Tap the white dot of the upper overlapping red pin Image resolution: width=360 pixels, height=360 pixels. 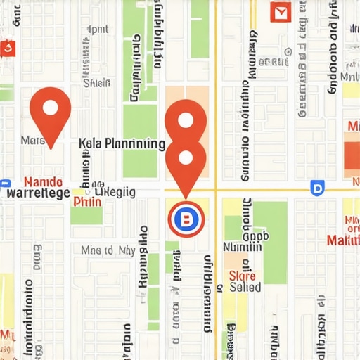click(185, 120)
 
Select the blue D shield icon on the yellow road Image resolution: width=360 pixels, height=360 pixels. click(316, 188)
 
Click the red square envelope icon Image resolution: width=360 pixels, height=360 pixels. click(280, 12)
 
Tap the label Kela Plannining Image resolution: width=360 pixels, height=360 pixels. click(122, 144)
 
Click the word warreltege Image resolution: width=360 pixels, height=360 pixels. click(37, 193)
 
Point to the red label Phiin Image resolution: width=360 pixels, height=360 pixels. click(87, 202)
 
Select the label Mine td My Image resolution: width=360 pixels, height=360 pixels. click(108, 250)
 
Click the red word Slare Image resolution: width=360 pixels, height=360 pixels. click(243, 276)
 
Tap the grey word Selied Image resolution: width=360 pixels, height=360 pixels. click(245, 287)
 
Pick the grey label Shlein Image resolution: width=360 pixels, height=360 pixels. click(97, 83)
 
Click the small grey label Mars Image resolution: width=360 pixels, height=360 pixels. click(33, 140)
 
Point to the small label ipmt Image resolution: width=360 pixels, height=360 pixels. click(97, 30)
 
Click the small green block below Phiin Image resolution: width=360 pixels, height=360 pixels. click(86, 216)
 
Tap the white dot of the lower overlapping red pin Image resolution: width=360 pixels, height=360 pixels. click(185, 157)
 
